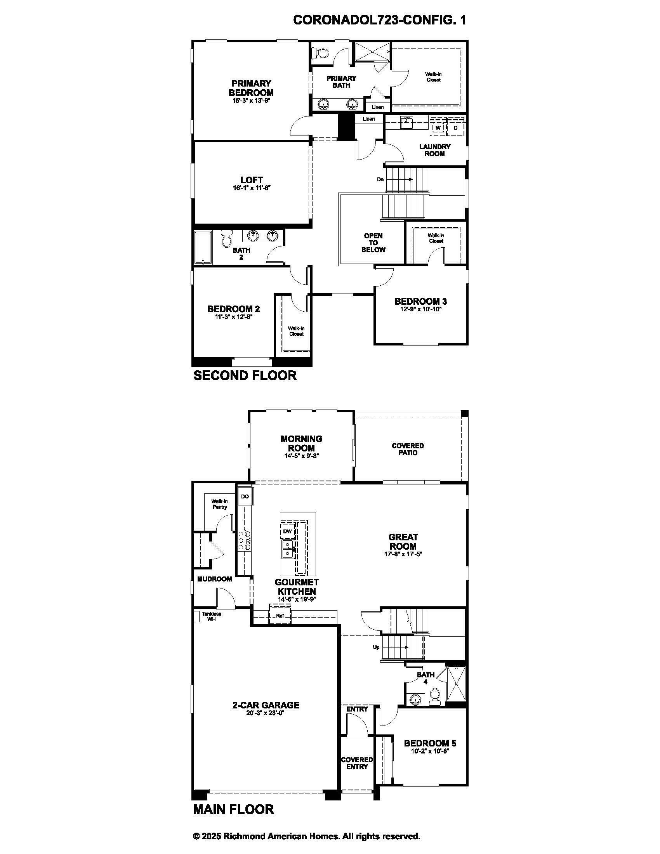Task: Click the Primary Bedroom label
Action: (251, 88)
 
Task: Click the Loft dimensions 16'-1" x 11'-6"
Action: (252, 188)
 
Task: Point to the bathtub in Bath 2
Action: (203, 247)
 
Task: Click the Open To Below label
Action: (373, 243)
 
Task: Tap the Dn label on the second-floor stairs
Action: (380, 179)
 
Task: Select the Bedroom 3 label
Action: (421, 302)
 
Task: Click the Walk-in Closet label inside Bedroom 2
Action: (296, 331)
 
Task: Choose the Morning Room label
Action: (301, 443)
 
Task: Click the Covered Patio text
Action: (408, 449)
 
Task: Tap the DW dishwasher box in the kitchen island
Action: (287, 531)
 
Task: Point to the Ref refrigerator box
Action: (280, 616)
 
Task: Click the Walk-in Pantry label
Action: (220, 504)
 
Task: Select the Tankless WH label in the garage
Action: (211, 617)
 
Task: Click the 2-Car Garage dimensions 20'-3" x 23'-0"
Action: (266, 712)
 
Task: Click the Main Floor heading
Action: (233, 809)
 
